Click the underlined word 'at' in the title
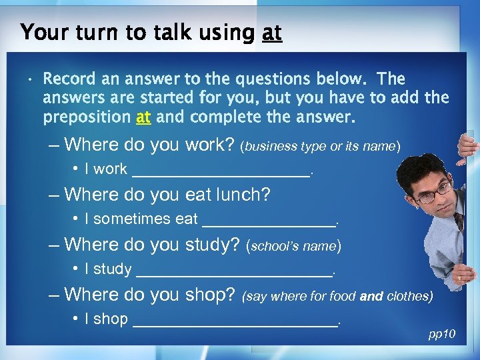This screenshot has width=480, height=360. pos(271,32)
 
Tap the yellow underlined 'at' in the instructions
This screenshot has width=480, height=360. pos(143,118)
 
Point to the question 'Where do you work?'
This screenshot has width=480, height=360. pos(149,144)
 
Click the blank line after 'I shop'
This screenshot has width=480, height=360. pos(235,321)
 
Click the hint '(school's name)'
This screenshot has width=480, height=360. pos(294,246)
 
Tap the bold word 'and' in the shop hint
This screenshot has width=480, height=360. pos(371,296)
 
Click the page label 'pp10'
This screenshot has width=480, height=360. pos(441,333)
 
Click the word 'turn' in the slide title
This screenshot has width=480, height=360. pos(85,32)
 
